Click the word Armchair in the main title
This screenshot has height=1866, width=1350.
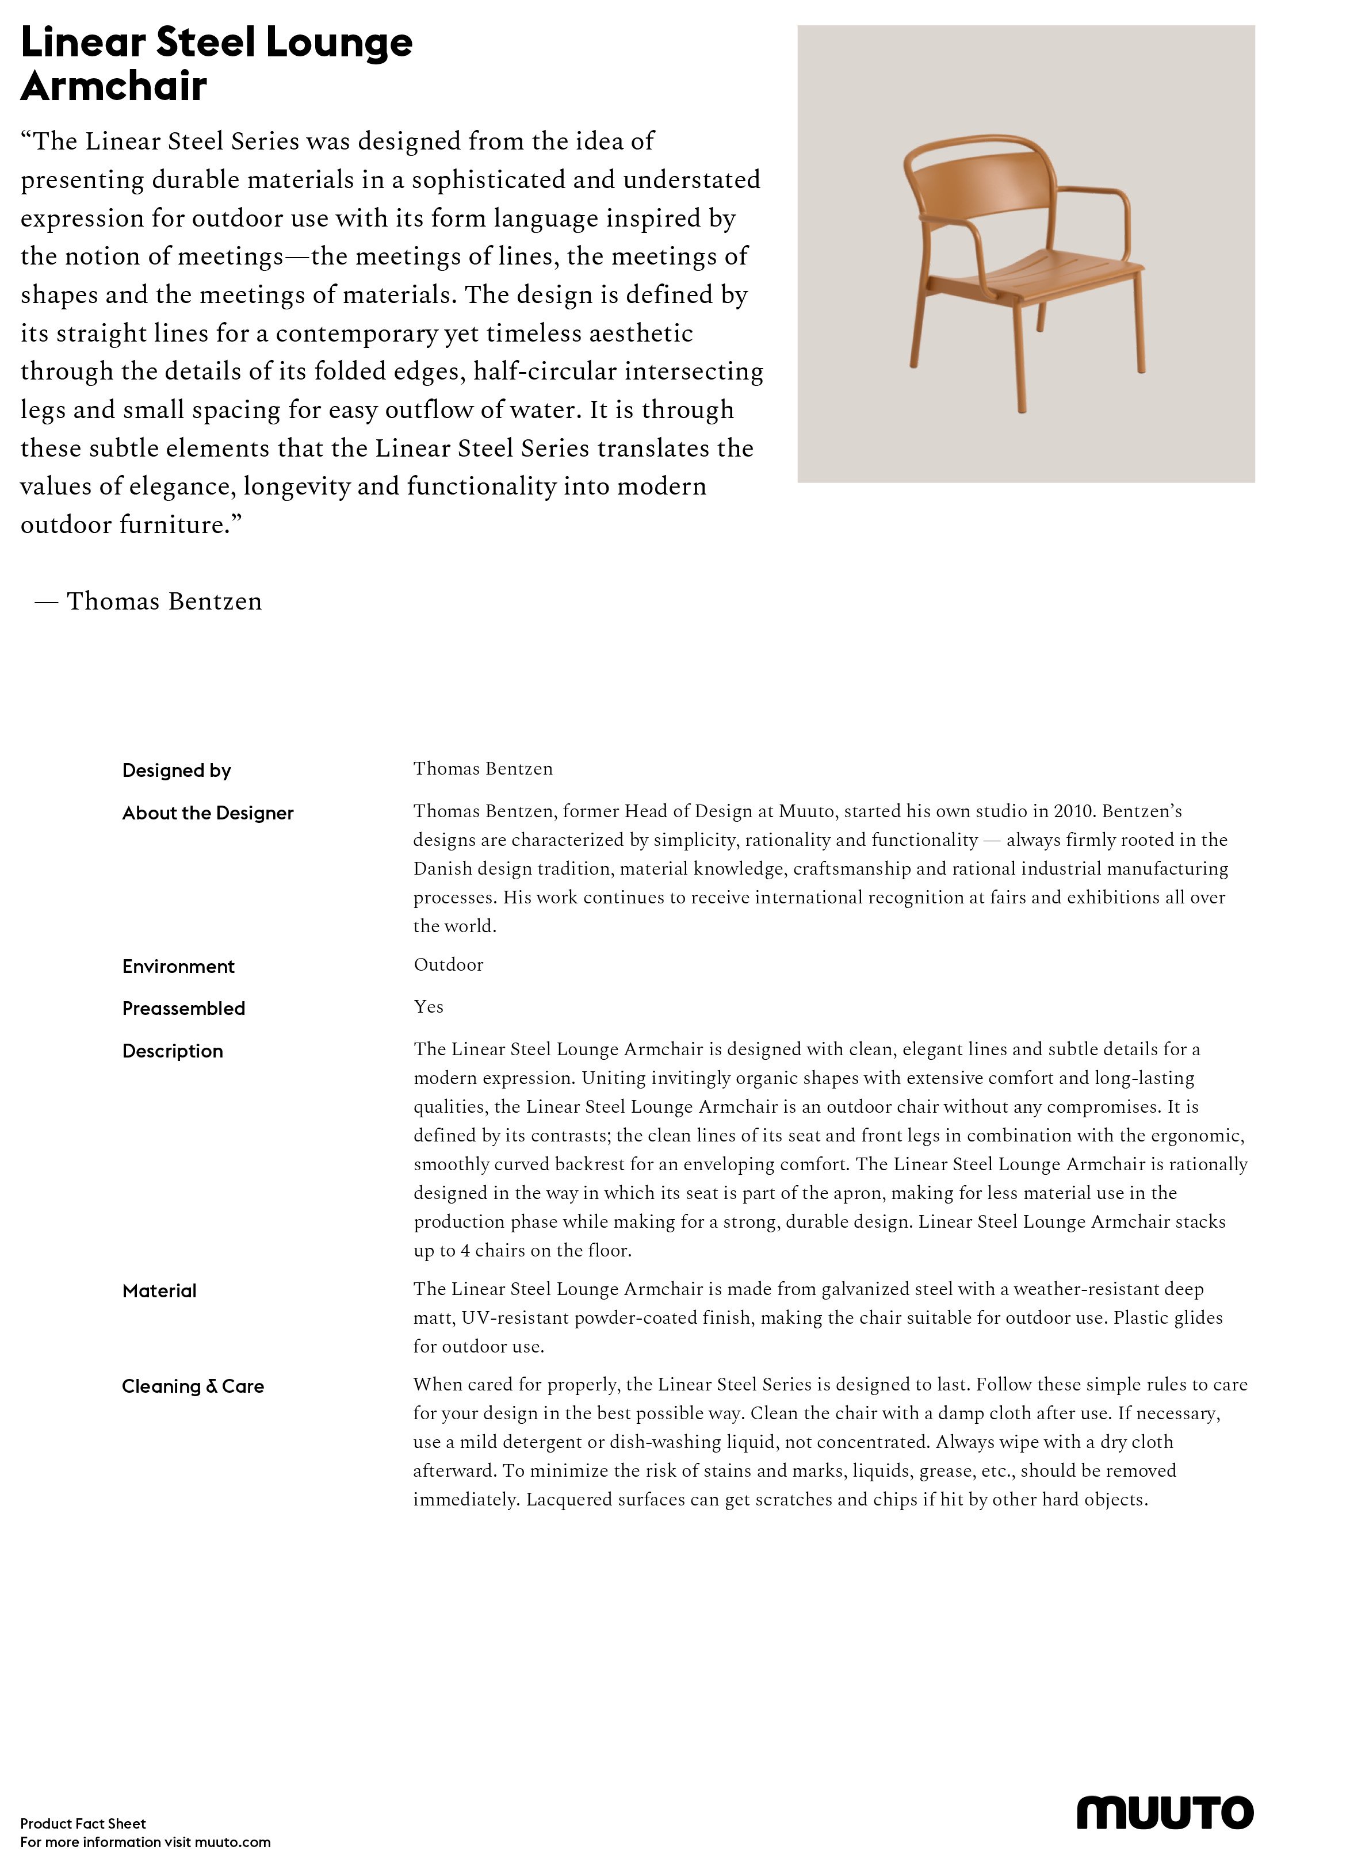coord(113,86)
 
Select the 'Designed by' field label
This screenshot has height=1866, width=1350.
coord(176,771)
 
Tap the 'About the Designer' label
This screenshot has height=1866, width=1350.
coord(208,814)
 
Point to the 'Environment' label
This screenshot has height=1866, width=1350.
coord(178,967)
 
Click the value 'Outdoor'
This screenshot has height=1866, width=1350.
coord(448,965)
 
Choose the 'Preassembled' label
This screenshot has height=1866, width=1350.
coord(183,1009)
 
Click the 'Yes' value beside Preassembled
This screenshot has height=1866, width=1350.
coord(428,1007)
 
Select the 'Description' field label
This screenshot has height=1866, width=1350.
coord(172,1052)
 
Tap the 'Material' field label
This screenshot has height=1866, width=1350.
coord(159,1292)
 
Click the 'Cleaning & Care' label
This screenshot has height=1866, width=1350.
coord(193,1387)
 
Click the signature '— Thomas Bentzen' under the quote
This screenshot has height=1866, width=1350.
coord(148,601)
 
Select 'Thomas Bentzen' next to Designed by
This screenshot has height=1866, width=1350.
coord(483,769)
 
